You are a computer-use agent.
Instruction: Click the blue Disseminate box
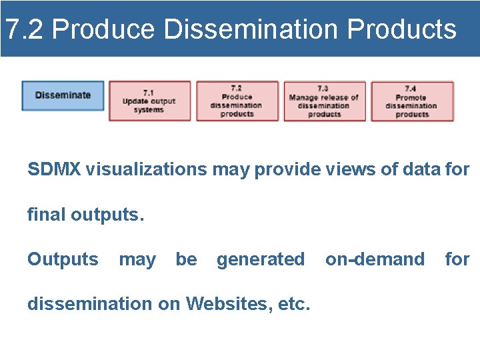pyautogui.click(x=63, y=95)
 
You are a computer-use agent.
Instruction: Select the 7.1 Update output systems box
pyautogui.click(x=149, y=101)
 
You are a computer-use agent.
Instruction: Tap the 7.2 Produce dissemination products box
pyautogui.click(x=237, y=101)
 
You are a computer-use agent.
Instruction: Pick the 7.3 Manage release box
pyautogui.click(x=324, y=101)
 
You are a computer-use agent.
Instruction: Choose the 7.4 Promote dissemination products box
pyautogui.click(x=411, y=101)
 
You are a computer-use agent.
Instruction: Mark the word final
pyautogui.click(x=46, y=215)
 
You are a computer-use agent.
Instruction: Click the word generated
pyautogui.click(x=260, y=259)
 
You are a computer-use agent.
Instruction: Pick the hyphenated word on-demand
pyautogui.click(x=375, y=259)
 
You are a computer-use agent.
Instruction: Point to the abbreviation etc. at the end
pyautogui.click(x=292, y=304)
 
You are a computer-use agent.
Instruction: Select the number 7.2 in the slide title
pyautogui.click(x=24, y=29)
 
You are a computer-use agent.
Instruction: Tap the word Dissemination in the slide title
pyautogui.click(x=251, y=29)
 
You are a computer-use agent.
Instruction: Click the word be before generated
pyautogui.click(x=186, y=259)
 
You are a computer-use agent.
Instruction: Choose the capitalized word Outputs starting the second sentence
pyautogui.click(x=63, y=259)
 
